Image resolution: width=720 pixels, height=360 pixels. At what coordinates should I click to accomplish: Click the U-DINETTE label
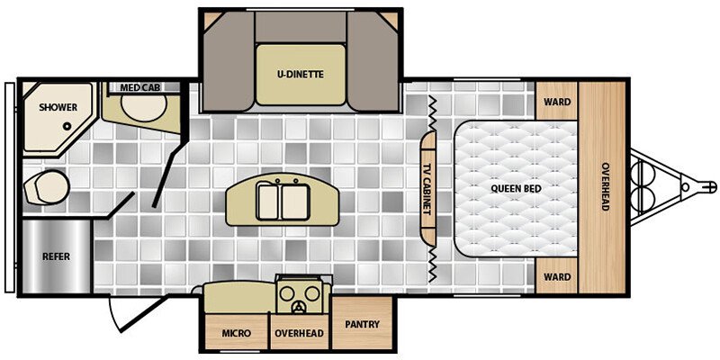(301, 74)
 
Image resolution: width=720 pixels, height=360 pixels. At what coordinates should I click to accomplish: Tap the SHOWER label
(57, 107)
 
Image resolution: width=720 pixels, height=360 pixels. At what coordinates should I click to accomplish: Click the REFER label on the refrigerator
(56, 256)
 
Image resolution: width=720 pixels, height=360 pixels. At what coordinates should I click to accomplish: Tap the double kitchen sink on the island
(279, 199)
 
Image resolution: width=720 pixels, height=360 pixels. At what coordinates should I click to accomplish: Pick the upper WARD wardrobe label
(556, 102)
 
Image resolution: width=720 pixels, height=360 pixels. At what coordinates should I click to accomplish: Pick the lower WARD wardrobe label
(556, 276)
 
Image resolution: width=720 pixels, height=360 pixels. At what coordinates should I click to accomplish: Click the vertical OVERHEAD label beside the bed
(606, 188)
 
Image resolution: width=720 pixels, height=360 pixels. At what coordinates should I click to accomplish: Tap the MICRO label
(237, 333)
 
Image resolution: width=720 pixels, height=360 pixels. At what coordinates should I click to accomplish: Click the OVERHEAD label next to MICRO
(299, 333)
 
